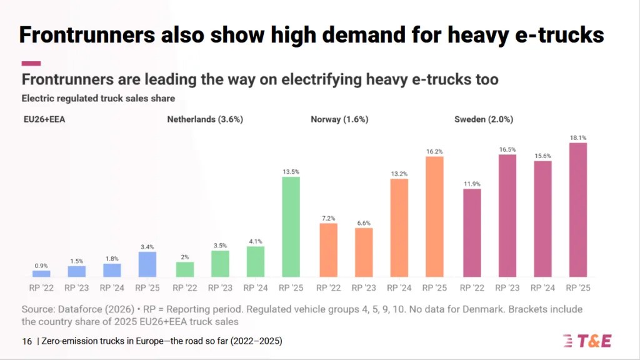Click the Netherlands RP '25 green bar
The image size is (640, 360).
291,227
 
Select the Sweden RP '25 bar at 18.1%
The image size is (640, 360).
578,210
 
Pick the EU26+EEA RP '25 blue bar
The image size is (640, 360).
147,264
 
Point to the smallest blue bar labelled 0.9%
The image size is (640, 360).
41,273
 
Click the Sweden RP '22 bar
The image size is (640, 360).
472,232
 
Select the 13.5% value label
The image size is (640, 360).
291,171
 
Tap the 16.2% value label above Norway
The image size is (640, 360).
434,151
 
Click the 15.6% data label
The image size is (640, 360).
542,155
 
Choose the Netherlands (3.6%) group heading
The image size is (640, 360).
204,119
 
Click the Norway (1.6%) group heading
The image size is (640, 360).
339,119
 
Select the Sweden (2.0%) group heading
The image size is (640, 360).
484,119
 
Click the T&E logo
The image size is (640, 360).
587,341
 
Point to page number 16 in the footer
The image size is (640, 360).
27,341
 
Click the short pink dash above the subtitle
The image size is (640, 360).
31,63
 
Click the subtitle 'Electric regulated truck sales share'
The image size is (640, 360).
98,98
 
